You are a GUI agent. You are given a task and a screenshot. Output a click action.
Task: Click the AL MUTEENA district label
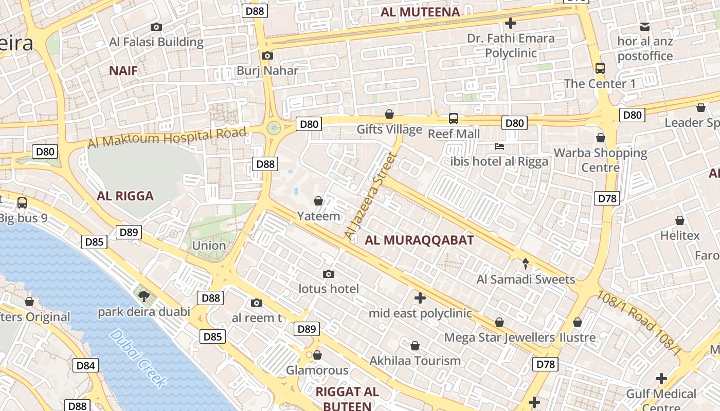(x=420, y=12)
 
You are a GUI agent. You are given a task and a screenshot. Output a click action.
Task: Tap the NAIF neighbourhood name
(x=123, y=71)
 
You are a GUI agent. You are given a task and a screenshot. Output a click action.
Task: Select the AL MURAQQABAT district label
(x=419, y=240)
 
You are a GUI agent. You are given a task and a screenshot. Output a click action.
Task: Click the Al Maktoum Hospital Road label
(x=167, y=137)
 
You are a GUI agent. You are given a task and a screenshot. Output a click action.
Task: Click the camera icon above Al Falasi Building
(x=156, y=27)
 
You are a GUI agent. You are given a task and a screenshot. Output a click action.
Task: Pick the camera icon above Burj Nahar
(x=267, y=56)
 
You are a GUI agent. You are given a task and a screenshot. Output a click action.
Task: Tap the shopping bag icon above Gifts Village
(x=390, y=114)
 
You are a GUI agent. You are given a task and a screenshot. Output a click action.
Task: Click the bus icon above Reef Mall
(x=454, y=119)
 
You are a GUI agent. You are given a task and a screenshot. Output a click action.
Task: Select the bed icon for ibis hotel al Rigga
(x=499, y=146)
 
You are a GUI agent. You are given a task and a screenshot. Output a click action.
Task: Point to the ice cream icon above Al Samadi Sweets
(x=525, y=264)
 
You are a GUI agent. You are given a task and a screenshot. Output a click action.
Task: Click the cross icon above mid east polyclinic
(x=420, y=298)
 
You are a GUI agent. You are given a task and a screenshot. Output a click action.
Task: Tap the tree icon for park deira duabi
(x=144, y=296)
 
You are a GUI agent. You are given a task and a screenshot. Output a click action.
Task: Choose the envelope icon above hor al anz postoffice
(x=645, y=27)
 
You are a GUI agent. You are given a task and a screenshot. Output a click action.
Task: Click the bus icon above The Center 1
(x=600, y=68)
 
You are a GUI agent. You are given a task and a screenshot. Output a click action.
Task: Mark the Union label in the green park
(x=209, y=246)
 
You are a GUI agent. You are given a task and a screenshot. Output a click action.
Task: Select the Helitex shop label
(x=680, y=236)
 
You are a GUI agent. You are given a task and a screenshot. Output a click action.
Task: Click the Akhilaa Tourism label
(x=415, y=361)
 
